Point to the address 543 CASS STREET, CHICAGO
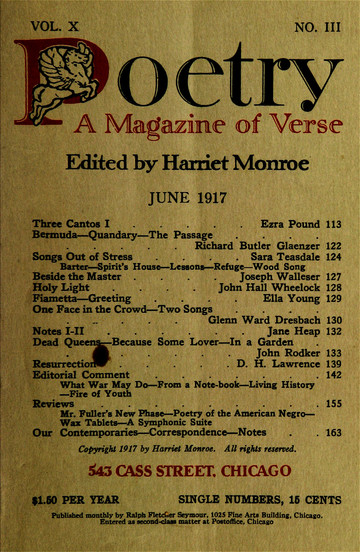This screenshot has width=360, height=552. coord(181,472)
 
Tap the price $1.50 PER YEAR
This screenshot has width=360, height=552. coord(70,506)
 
